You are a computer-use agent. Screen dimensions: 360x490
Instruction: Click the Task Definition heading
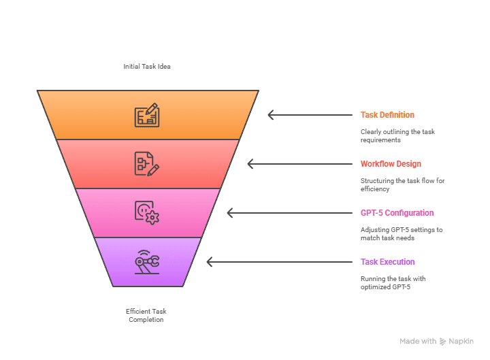[x=387, y=115]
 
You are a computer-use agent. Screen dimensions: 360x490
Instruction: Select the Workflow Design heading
[x=391, y=164]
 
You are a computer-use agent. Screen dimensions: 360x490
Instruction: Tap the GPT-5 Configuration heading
[x=397, y=213]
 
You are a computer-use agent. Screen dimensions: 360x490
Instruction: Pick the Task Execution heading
[x=387, y=262]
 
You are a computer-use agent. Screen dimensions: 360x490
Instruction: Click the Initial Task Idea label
[x=147, y=67]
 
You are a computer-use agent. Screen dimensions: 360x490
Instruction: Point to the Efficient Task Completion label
[x=146, y=315]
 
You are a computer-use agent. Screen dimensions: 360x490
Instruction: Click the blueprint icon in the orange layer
[x=147, y=115]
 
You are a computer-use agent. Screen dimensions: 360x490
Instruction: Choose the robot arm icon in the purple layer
[x=147, y=262]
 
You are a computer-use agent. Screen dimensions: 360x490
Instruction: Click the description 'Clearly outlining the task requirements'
[x=397, y=136]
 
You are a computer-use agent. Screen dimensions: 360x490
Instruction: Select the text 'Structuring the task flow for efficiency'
[x=402, y=185]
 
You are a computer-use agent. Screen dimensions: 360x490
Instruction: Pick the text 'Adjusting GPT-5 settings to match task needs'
[x=401, y=234]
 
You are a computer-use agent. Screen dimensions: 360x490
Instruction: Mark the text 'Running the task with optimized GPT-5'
[x=393, y=283]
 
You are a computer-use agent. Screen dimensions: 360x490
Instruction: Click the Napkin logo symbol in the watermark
[x=442, y=342]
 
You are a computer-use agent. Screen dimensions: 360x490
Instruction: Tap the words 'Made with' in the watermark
[x=418, y=342]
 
